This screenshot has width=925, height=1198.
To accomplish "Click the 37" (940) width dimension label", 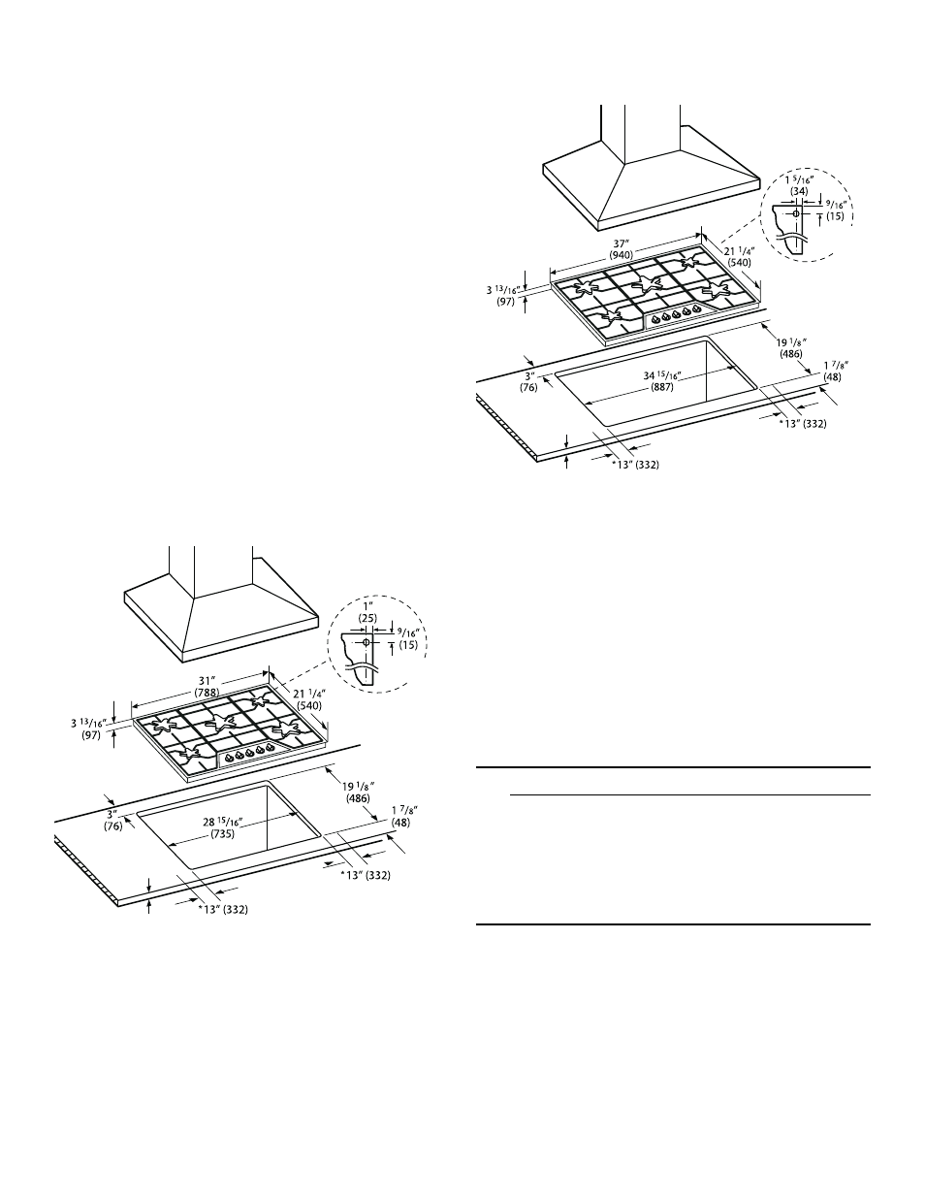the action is coord(622,249).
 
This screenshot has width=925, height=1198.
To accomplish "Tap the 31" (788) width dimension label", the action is coord(206,687).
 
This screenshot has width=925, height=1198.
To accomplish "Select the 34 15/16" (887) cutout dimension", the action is coord(662,381).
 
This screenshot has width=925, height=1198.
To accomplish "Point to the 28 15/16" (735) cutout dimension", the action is coord(223,827).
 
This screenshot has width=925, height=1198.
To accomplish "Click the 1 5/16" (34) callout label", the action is coord(799,184).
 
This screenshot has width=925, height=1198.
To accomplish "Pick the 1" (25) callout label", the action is coord(368,612).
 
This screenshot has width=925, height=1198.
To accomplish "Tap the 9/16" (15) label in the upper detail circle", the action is coord(835,210).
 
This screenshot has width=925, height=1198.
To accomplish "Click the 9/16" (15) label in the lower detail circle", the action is coord(408,638).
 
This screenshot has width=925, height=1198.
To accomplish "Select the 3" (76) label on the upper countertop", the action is coord(528,381).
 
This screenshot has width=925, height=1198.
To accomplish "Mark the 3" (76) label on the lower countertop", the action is coord(112,820).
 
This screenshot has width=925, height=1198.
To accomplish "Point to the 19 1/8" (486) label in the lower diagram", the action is coord(358,792).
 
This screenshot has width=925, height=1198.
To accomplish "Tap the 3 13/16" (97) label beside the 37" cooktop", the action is coord(503,296).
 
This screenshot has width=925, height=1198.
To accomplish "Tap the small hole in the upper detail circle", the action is coord(795,212).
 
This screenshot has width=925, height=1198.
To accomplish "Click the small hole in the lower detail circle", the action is coord(366,642).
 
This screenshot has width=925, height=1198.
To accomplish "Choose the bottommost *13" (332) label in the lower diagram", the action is coord(223,910).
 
